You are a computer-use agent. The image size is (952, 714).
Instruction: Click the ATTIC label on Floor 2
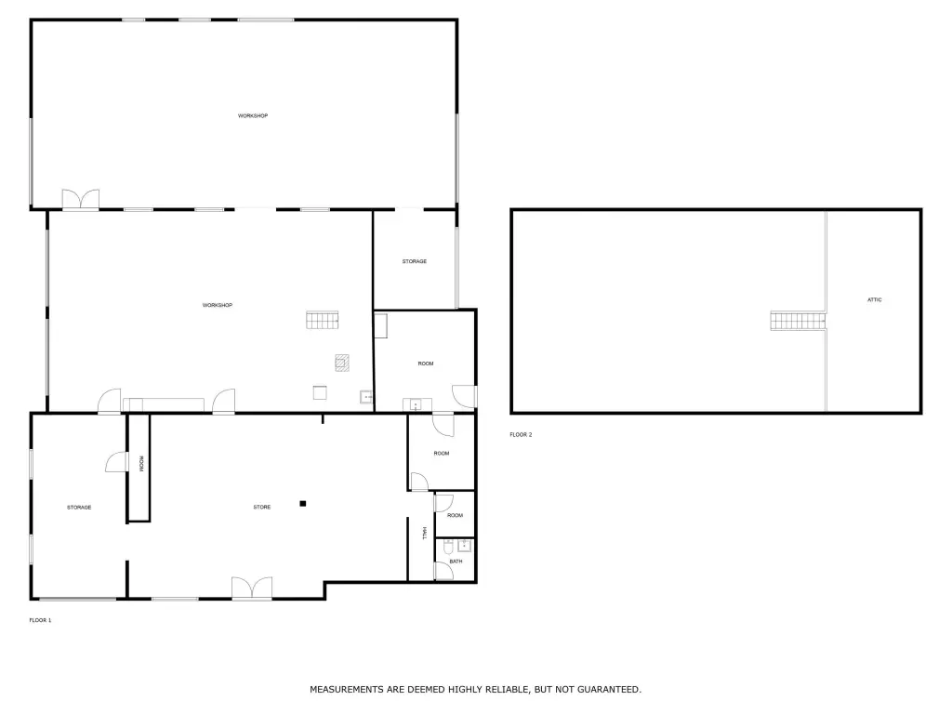pyautogui.click(x=874, y=300)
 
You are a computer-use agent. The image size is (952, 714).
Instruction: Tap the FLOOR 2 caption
pyautogui.click(x=521, y=435)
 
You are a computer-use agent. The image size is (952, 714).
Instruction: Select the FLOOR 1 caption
pyautogui.click(x=40, y=620)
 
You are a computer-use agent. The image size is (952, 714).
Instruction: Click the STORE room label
pyautogui.click(x=262, y=507)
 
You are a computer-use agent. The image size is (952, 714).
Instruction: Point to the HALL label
pyautogui.click(x=424, y=533)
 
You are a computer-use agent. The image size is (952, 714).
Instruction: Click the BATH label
pyautogui.click(x=456, y=562)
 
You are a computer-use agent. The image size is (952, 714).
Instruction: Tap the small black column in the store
pyautogui.click(x=302, y=503)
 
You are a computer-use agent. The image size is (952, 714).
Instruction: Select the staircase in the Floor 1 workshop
pyautogui.click(x=322, y=320)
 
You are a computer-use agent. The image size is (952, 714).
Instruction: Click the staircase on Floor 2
pyautogui.click(x=798, y=321)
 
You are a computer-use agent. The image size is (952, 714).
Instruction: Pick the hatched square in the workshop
pyautogui.click(x=342, y=364)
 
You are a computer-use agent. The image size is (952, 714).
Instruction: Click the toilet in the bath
pyautogui.click(x=447, y=548)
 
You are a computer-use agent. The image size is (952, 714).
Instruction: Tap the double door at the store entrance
pyautogui.click(x=252, y=588)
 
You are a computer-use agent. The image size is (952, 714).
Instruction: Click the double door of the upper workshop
pyautogui.click(x=81, y=200)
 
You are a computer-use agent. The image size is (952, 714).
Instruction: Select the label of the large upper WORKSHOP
pyautogui.click(x=253, y=116)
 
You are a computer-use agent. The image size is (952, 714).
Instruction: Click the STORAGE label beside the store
pyautogui.click(x=79, y=508)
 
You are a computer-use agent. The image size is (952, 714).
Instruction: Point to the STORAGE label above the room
pyautogui.click(x=414, y=261)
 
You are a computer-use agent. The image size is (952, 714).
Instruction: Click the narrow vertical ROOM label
pyautogui.click(x=141, y=464)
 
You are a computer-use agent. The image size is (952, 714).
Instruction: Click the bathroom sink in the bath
pyautogui.click(x=465, y=545)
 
